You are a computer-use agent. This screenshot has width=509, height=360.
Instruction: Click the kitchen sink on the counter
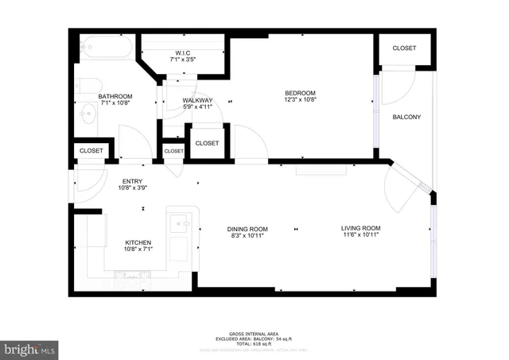[178, 223]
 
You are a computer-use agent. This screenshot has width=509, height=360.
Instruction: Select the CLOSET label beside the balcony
[404, 48]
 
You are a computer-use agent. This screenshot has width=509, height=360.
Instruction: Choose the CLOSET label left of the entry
[91, 150]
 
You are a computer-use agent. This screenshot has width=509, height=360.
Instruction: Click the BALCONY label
[406, 117]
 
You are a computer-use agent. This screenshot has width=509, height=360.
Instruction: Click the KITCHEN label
[138, 242]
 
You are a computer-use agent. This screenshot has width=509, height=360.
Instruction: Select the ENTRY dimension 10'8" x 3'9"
[132, 188]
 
